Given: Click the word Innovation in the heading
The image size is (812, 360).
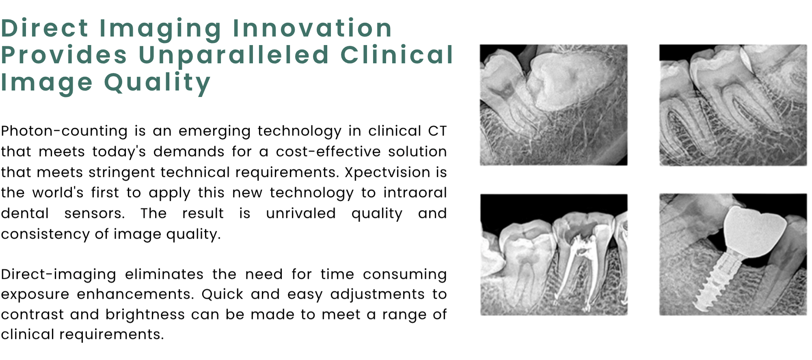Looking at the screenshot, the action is point(312,28).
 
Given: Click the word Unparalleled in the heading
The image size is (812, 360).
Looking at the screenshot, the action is point(234,56).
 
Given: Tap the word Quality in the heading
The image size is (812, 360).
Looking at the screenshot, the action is point(158,83).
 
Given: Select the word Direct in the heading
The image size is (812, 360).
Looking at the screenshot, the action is point(45,28).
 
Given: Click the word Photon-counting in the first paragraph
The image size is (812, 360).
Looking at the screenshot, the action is point(64,131).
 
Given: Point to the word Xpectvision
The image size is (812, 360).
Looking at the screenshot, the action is point(387,172).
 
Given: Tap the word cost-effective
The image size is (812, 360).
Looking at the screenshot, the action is point(328,152).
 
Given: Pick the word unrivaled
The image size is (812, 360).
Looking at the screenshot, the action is point(301,213).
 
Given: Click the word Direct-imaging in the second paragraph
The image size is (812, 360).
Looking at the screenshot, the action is point(58,275).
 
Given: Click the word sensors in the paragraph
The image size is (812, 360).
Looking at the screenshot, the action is point(94,213).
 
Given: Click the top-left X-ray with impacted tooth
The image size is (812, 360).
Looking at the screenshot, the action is point(553,105).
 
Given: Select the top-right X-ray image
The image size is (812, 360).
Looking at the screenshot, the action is point(733,105).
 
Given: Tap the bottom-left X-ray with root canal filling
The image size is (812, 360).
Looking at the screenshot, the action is point(554,254).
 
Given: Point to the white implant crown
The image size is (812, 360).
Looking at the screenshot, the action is point(754,231).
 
